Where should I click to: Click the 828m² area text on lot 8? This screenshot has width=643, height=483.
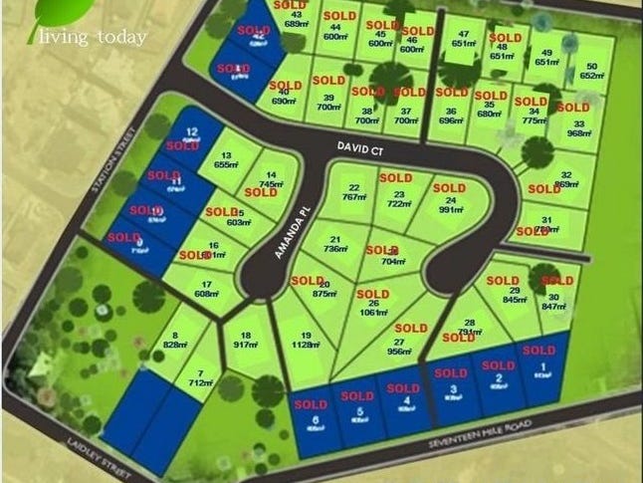[175, 345]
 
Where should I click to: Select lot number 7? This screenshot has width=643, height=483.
[202, 370]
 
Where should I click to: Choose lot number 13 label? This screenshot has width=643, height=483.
[227, 155]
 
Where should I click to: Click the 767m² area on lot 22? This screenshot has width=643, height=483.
[352, 197]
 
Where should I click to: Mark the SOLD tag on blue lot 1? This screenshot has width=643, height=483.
[538, 351]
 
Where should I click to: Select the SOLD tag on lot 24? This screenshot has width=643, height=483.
[449, 188]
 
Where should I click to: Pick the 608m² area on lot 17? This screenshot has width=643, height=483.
[207, 295]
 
